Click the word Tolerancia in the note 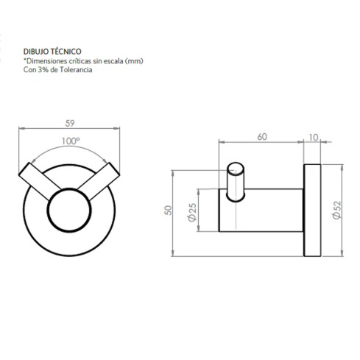tap(77, 71)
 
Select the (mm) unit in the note tap(133, 62)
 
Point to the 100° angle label tap(69, 140)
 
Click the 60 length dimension tap(262, 136)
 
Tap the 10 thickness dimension tap(315, 136)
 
